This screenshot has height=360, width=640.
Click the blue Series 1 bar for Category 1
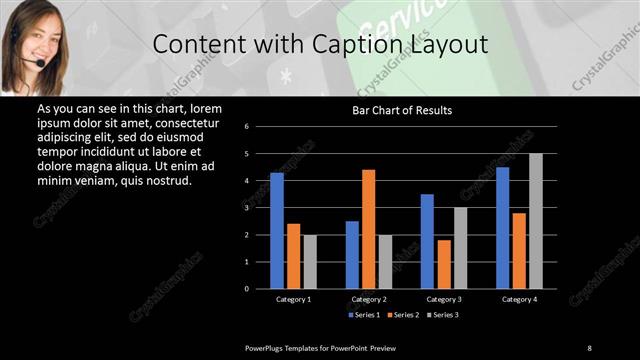coord(277,231)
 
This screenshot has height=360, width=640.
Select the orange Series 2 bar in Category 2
coord(368,229)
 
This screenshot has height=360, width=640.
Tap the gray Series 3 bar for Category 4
coord(535,221)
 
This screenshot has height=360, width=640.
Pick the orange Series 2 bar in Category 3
coord(443,264)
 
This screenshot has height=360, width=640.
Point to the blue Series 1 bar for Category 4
coord(502,228)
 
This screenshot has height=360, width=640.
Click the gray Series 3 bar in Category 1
coord(310,262)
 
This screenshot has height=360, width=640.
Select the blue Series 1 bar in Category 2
coord(352,255)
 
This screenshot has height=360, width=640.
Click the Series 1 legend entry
coord(364,315)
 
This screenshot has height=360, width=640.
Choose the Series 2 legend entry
coord(402,315)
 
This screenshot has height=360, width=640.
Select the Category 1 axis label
coord(293,299)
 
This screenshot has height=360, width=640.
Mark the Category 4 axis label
coord(518,299)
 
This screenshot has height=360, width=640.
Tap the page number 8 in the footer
coord(589,347)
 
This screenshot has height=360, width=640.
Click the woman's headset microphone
coord(40,64)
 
